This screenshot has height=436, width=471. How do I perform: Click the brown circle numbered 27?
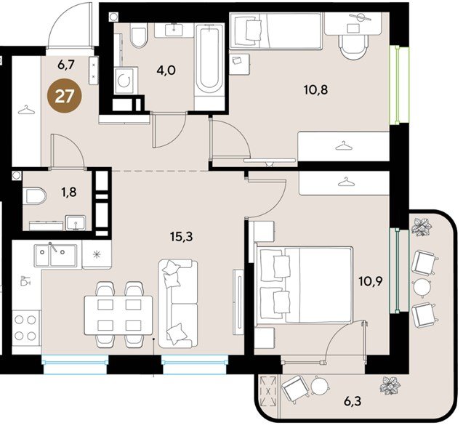(x=65, y=96)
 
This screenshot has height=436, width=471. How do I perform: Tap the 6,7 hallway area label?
(x=66, y=65)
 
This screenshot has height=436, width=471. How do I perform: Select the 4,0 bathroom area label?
(x=166, y=70)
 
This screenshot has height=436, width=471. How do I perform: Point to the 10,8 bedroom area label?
(x=315, y=89)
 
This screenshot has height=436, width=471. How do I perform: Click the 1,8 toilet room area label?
(x=69, y=192)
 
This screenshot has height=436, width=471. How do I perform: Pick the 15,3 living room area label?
(x=181, y=237)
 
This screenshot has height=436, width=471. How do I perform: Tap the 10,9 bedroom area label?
(x=371, y=282)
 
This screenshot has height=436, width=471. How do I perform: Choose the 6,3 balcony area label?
(x=353, y=400)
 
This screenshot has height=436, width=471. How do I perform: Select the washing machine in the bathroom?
(x=126, y=81)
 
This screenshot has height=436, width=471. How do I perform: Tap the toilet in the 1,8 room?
(x=35, y=195)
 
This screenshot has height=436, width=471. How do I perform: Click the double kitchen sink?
(x=55, y=256)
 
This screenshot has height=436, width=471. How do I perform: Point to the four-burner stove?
(x=25, y=328)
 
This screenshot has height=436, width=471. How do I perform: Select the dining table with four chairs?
(x=118, y=315)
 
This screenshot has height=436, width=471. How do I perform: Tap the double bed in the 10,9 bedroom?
(x=304, y=286)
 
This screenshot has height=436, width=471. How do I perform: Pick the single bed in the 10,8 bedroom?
(x=275, y=31)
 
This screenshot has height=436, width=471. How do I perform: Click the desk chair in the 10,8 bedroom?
(x=353, y=47)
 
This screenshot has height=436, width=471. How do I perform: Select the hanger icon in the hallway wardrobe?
(x=26, y=110)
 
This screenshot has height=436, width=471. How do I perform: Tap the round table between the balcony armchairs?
(x=422, y=287)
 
